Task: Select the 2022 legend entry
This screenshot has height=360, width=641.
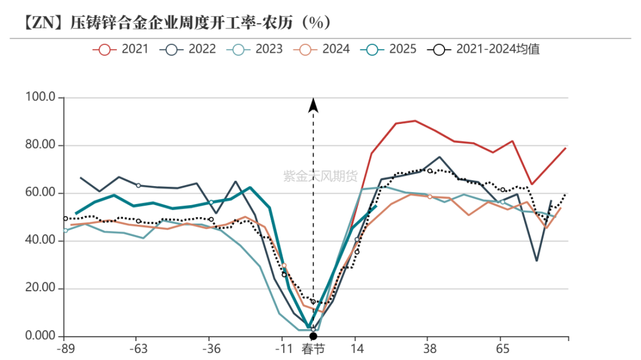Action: tap(188, 49)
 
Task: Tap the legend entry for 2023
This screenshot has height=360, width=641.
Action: tap(255, 49)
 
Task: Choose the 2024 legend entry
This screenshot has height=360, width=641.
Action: tap(322, 49)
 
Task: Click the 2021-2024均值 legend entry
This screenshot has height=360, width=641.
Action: tap(483, 49)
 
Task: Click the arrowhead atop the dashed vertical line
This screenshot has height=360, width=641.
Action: tap(313, 106)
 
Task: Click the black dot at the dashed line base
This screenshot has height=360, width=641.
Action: tap(313, 337)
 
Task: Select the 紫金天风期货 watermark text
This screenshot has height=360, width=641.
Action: tap(320, 176)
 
